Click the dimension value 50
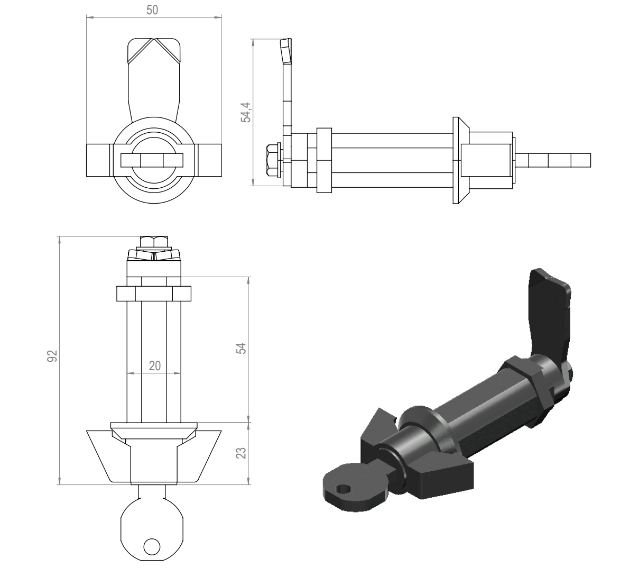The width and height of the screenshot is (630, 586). tap(152, 10)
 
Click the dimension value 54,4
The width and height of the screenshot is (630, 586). tap(245, 112)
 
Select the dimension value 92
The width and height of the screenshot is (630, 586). tap(53, 356)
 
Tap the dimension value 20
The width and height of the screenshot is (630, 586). tap(155, 365)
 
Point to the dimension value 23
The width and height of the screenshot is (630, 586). tap(241, 453)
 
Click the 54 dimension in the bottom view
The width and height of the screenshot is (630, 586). tap(241, 348)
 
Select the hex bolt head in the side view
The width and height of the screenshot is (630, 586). tap(273, 160)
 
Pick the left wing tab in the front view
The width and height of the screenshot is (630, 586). tap(98, 160)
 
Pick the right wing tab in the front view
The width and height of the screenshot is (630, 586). tap(209, 160)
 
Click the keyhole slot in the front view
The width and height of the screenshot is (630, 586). tap(152, 160)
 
